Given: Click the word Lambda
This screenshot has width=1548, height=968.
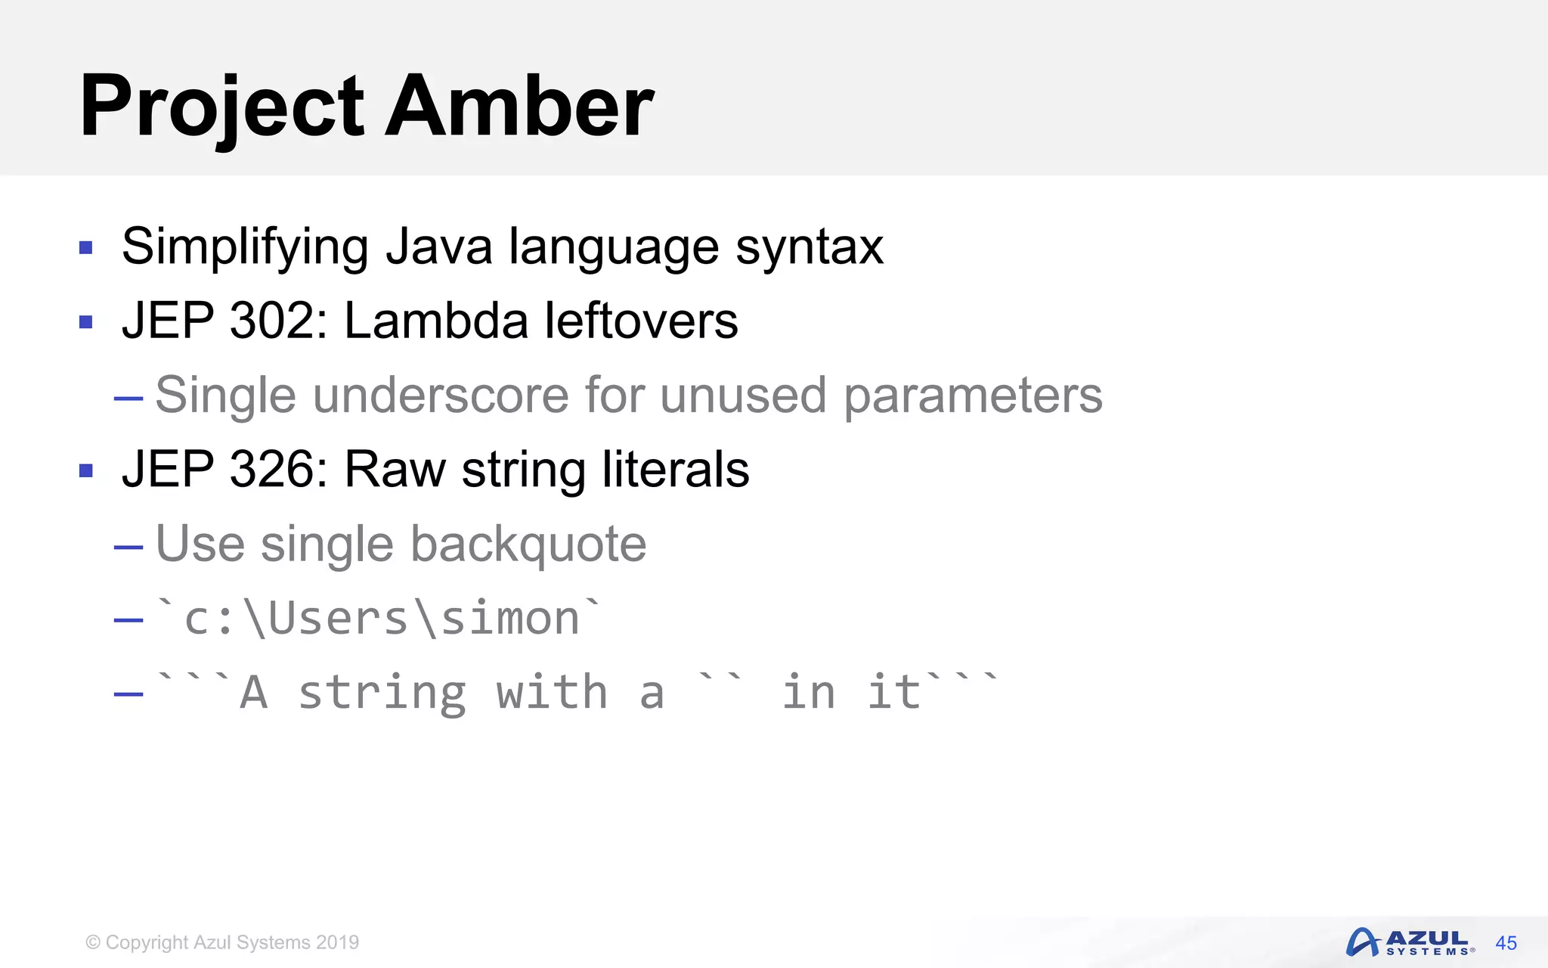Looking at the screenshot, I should point(435,321).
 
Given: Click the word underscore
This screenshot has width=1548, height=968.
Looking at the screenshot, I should point(441,395).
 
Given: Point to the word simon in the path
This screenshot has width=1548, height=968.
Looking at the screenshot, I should point(509,619).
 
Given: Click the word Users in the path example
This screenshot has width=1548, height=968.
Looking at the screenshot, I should point(338,619).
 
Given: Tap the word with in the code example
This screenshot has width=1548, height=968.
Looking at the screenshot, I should point(551,693).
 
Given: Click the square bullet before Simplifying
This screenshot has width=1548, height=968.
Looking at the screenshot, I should point(85,247).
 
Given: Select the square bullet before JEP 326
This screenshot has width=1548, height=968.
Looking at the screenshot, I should point(85,471).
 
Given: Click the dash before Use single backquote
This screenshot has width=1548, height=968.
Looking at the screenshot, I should point(128,546).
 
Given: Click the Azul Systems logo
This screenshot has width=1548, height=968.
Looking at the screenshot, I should point(1408,942).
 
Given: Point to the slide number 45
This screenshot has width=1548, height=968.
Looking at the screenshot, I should point(1506,943).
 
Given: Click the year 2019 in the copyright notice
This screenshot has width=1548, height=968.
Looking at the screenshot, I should point(337,942).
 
